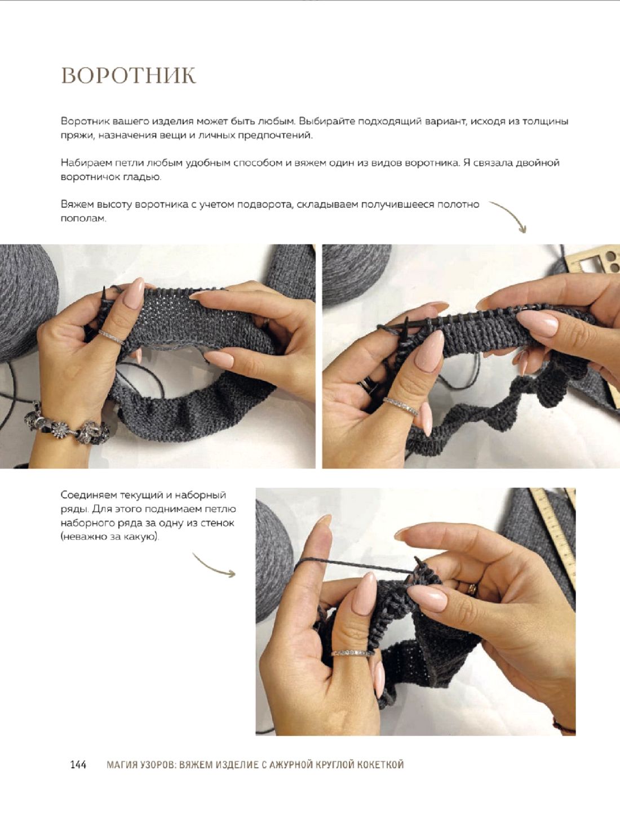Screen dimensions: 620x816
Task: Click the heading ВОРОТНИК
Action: tap(129, 76)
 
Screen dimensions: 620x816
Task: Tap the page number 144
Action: tap(78, 765)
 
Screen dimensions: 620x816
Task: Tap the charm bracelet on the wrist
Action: tap(67, 425)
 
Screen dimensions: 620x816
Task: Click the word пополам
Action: tap(83, 219)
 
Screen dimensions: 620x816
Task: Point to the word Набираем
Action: tap(86, 163)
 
